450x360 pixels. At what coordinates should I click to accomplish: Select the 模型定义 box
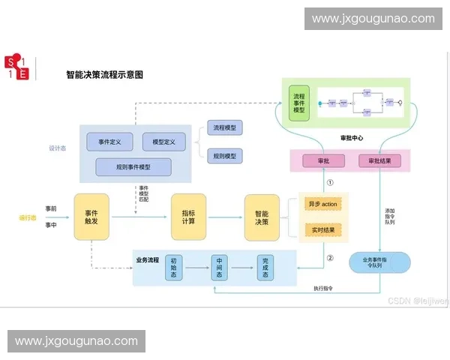coord(163,142)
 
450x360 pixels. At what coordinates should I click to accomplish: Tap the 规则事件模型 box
coord(133,166)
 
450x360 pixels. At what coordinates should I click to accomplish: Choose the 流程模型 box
coord(224,128)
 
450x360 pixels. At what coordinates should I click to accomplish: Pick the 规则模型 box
coord(224,156)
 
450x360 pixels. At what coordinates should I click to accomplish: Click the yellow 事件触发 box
coord(92,217)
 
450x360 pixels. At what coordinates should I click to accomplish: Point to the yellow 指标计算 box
coord(188,217)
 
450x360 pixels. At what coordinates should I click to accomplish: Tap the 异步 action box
coord(322,204)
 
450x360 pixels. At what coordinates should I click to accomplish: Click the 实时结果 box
coord(322,229)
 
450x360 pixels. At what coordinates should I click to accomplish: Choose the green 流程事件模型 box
coord(299,103)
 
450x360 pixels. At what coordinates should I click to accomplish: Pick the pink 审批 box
coord(324,161)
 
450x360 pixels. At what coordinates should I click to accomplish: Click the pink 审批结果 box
coord(379,161)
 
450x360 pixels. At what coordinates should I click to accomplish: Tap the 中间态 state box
coord(220,267)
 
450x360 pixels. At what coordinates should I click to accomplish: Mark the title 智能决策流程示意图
coord(104,75)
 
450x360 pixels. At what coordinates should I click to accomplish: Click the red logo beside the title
coord(16,67)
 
